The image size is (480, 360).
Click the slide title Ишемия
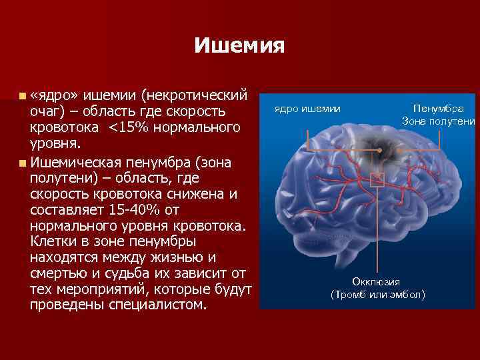click(239, 46)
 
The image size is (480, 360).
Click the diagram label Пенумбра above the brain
click(438, 108)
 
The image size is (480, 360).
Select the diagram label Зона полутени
click(438, 121)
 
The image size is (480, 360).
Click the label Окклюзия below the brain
click(376, 282)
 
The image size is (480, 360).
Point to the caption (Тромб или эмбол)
click(377, 294)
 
